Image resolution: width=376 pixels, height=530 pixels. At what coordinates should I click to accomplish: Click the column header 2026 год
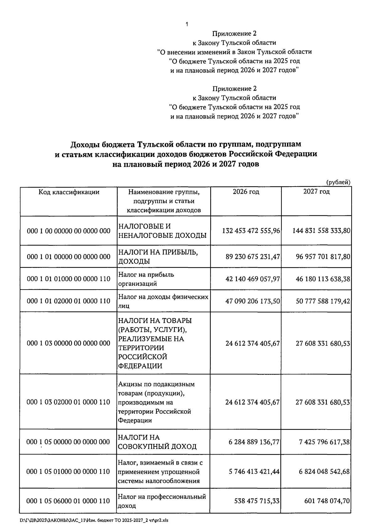pos(246,192)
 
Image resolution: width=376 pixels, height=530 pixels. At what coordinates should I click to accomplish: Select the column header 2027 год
pos(316,192)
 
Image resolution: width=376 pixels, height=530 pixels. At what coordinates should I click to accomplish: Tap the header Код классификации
pos(69,192)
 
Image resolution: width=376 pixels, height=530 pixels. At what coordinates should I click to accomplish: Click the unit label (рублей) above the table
pos(338,182)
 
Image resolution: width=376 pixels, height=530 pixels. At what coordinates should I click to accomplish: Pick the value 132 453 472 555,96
pos(251,231)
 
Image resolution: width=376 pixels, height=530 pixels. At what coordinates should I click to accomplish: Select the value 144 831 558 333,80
pos(321,231)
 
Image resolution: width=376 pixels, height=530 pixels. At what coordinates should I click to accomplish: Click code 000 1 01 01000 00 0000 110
pos(69,279)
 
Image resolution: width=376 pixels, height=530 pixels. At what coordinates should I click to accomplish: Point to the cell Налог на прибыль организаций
pos(146,279)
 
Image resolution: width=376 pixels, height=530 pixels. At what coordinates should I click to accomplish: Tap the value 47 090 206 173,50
pos(253,301)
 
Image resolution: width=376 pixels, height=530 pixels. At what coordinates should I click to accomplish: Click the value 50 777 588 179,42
pos(323,301)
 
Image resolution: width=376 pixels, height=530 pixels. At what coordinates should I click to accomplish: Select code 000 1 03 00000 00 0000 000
pos(69,343)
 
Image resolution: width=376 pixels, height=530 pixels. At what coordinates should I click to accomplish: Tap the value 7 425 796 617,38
pos(325,442)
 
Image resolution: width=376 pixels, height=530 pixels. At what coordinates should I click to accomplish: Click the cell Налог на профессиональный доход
pos(162,501)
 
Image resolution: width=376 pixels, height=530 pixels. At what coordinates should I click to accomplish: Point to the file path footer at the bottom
pos(94,520)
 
